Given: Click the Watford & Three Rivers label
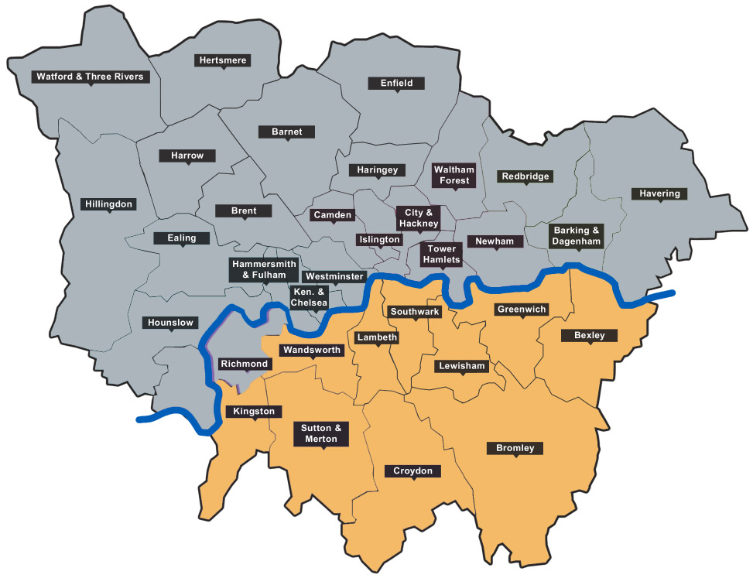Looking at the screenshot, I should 90,77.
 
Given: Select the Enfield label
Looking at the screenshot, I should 396,83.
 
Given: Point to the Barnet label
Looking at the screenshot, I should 286,132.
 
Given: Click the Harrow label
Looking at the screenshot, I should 187,156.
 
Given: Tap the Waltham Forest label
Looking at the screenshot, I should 454,175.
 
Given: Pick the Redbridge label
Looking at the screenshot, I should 525,176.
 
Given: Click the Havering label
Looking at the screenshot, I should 659,193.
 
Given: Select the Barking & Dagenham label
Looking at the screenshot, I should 577,235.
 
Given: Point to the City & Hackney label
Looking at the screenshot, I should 419,217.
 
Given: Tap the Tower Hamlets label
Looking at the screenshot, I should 441,255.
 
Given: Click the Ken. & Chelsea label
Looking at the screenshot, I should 309,297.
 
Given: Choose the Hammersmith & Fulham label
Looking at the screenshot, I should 264,269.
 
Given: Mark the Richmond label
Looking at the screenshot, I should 245,364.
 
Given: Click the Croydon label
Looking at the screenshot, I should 413,470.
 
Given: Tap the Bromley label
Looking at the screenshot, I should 515,448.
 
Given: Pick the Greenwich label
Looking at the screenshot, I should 522,310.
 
